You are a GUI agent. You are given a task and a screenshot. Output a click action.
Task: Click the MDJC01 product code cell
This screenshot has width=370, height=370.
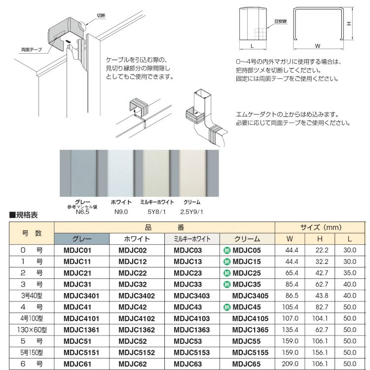[x=78, y=251]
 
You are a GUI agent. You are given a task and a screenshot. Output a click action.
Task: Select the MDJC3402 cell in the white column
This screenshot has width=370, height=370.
[x=137, y=296]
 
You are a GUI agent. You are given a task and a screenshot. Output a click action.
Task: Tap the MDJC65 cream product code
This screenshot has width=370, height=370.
[x=247, y=364]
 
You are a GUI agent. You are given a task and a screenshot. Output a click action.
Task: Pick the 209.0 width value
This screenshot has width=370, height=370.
[x=294, y=364]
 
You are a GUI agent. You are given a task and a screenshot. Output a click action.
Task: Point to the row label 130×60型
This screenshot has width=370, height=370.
[x=32, y=330]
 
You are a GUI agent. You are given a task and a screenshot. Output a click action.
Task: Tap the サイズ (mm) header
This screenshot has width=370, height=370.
[x=321, y=227]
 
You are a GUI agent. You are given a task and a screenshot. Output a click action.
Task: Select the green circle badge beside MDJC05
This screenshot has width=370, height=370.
[x=226, y=251]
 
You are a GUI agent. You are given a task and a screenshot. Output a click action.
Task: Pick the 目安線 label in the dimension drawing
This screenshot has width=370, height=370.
[x=280, y=22]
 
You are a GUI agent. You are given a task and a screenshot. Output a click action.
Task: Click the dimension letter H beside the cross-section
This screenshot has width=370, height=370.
[x=348, y=23]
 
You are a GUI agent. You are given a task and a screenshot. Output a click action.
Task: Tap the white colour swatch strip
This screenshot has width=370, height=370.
[x=120, y=172]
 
